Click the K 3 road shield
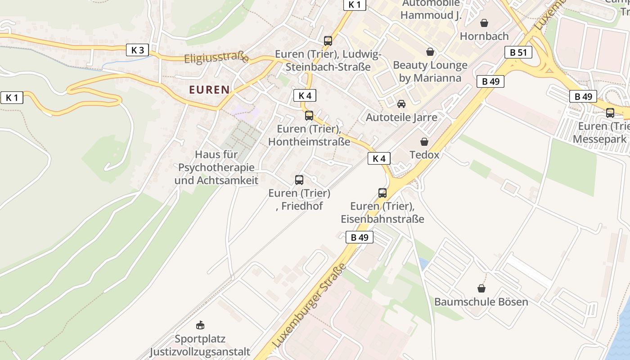tap(137, 50)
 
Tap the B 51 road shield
tap(518, 52)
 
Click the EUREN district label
tap(209, 90)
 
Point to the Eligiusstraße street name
tap(216, 58)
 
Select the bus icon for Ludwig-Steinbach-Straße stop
tap(328, 41)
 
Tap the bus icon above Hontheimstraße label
tap(309, 116)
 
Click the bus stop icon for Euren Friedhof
tap(299, 180)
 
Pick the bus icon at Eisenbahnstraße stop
tap(382, 193)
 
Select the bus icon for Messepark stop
tap(610, 113)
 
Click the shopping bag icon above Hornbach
tap(484, 23)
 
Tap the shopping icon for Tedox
tap(424, 142)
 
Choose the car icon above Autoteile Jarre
tap(401, 104)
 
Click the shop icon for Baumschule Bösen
tap(481, 288)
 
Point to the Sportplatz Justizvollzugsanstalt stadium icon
tap(200, 325)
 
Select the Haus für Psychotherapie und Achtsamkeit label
tap(216, 167)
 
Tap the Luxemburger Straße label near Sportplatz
tap(310, 306)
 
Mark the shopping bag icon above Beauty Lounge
tap(430, 52)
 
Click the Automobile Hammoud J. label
tap(431, 9)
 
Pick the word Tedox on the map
tap(424, 155)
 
